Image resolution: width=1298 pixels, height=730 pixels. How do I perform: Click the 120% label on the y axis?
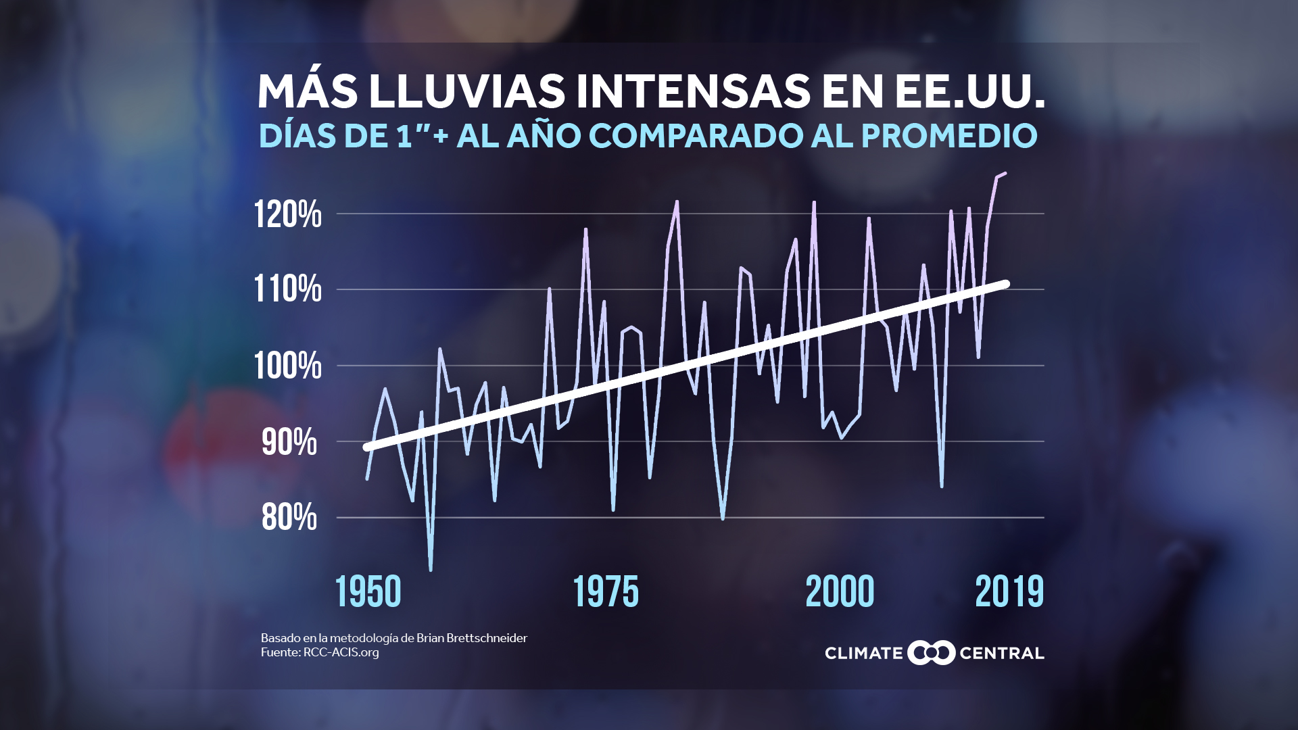(x=287, y=215)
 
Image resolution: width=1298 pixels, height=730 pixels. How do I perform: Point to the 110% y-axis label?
(x=287, y=289)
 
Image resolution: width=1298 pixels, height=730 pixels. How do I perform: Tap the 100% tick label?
(x=287, y=366)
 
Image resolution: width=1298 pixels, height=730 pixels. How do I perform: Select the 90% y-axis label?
(x=289, y=443)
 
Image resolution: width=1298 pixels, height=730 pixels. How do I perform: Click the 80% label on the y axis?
(x=289, y=518)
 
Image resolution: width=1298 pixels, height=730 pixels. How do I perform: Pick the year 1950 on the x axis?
(x=368, y=592)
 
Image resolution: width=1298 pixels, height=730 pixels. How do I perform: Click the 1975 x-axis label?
(x=606, y=592)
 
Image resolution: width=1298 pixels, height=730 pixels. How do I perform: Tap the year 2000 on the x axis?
(x=840, y=592)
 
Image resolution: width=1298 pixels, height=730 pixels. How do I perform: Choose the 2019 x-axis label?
(x=1009, y=592)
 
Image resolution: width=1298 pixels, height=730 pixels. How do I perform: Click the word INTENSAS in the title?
(x=693, y=91)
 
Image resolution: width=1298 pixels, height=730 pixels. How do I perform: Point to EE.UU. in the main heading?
(x=970, y=91)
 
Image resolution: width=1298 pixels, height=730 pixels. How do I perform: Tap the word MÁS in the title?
(x=308, y=91)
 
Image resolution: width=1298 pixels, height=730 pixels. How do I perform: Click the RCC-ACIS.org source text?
(x=341, y=653)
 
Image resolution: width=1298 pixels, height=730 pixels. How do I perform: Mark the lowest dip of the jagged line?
(x=431, y=570)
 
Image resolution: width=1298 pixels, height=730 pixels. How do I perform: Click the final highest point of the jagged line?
(x=1005, y=174)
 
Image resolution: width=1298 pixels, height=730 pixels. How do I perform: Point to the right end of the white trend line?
(x=1006, y=284)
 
